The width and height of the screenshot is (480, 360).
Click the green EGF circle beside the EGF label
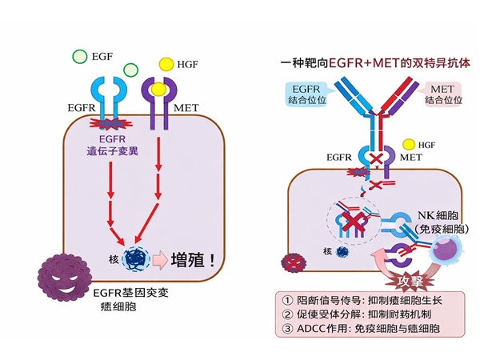click(80, 57)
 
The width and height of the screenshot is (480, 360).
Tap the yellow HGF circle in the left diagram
click(166, 63)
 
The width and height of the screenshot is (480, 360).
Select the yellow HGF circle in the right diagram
click(408, 144)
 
